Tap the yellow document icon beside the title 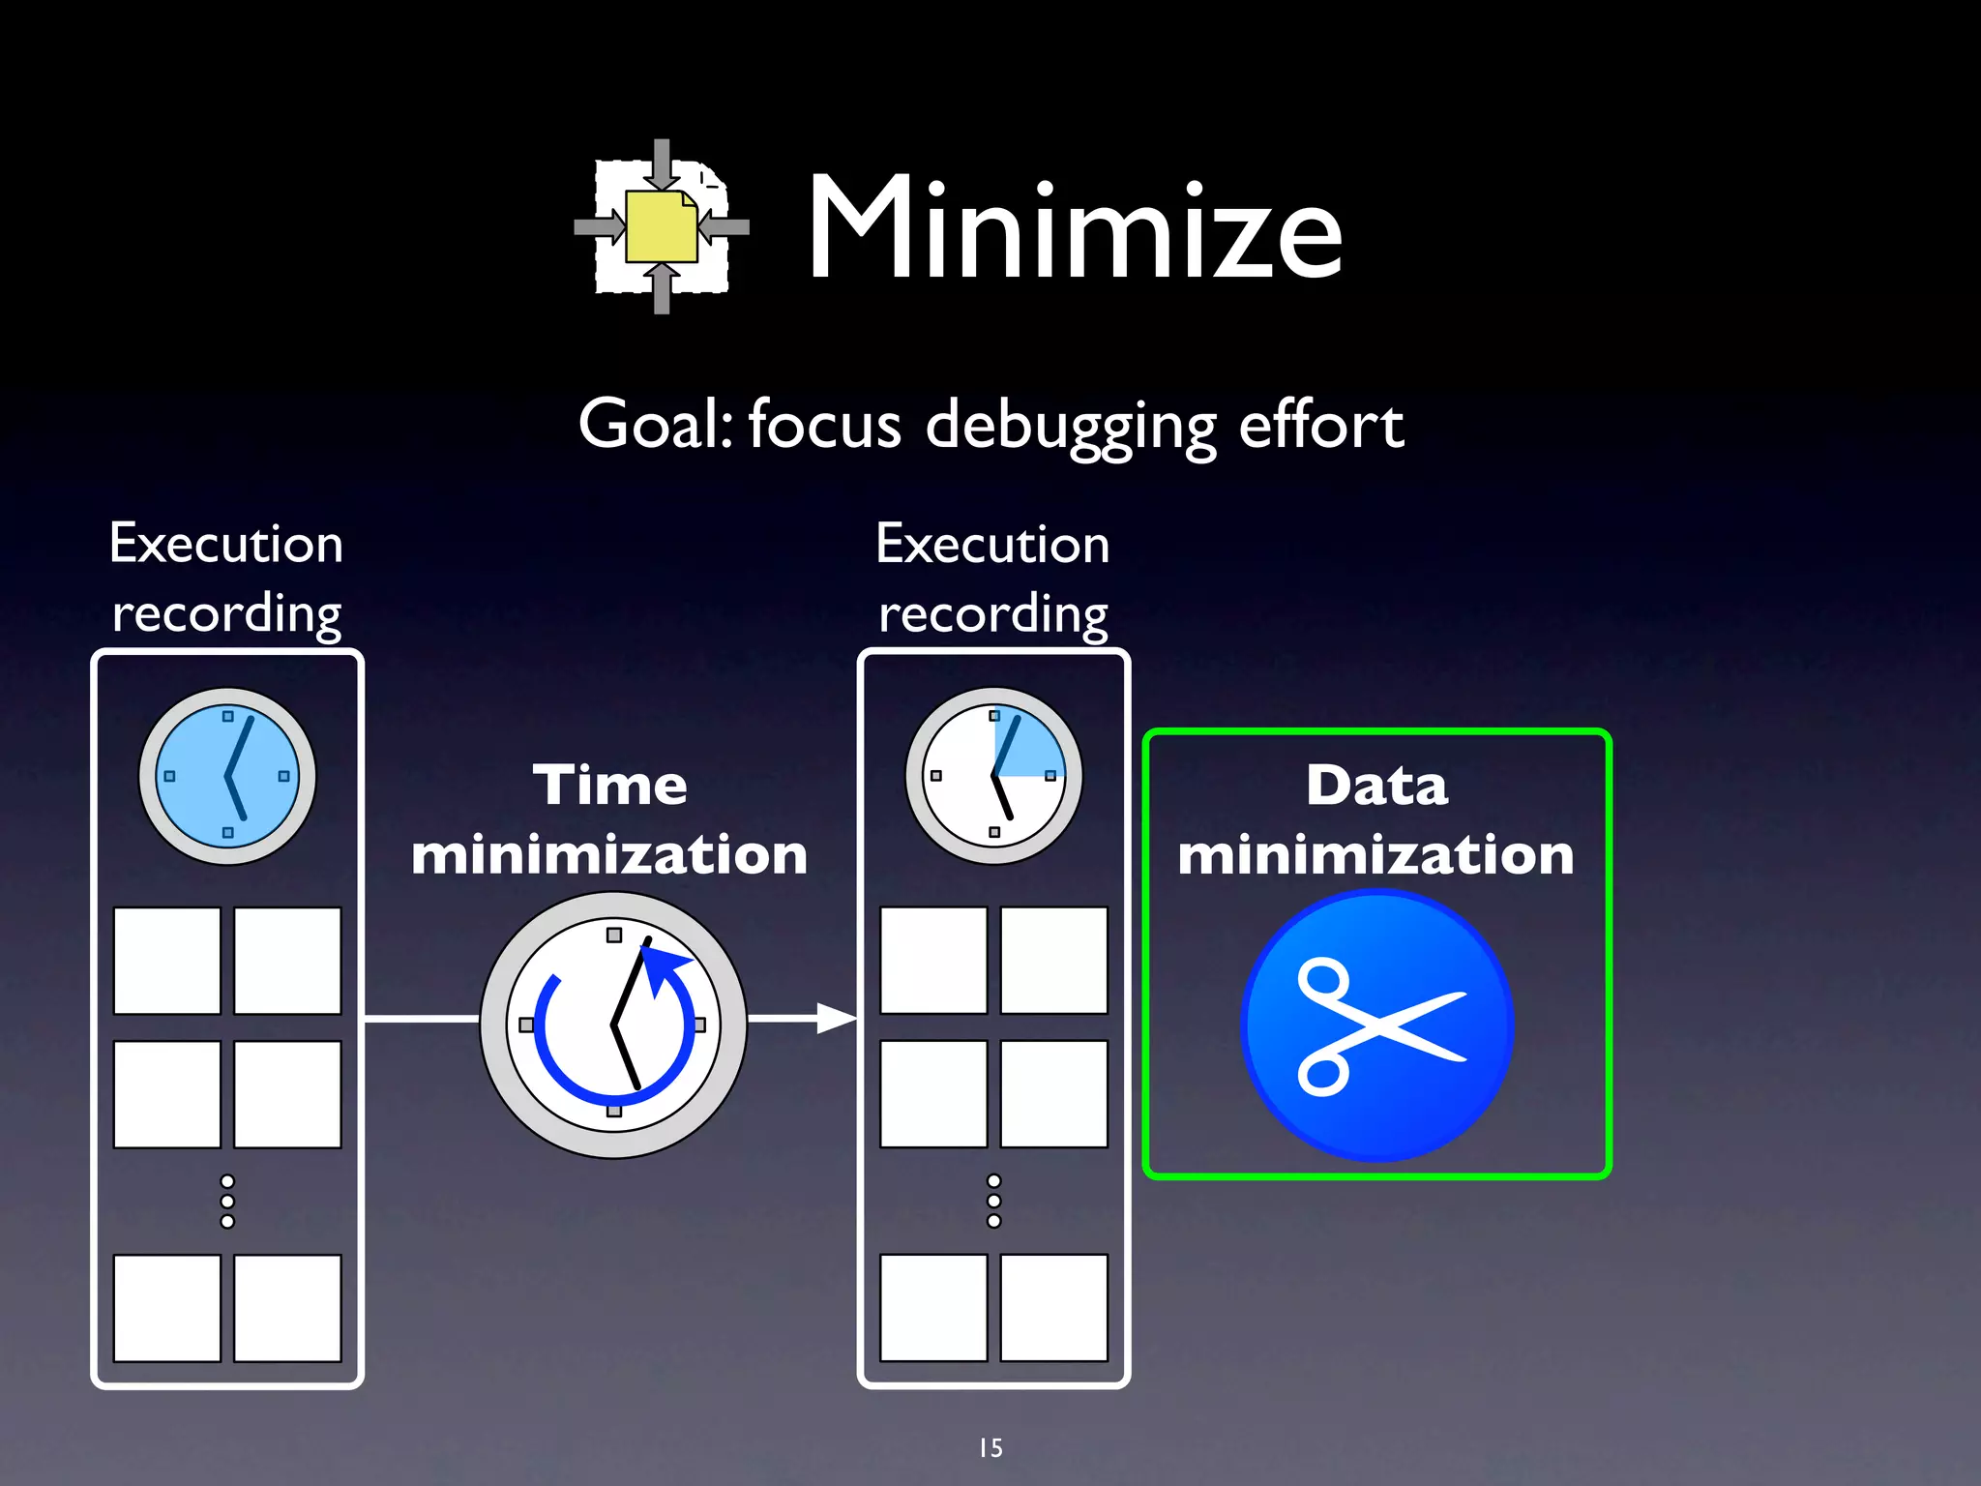coord(662,227)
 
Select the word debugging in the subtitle coord(1070,427)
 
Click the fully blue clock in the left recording coord(227,776)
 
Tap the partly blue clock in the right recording coord(993,776)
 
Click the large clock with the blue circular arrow coord(613,1025)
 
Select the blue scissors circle coord(1376,1025)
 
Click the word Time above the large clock coord(610,785)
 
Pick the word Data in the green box coord(1376,785)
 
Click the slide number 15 coord(990,1447)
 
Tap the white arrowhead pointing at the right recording coord(836,1018)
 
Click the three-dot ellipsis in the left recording coord(227,1202)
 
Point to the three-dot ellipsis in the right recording coord(993,1201)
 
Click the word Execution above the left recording coord(226,544)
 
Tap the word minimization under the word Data coord(1376,855)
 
